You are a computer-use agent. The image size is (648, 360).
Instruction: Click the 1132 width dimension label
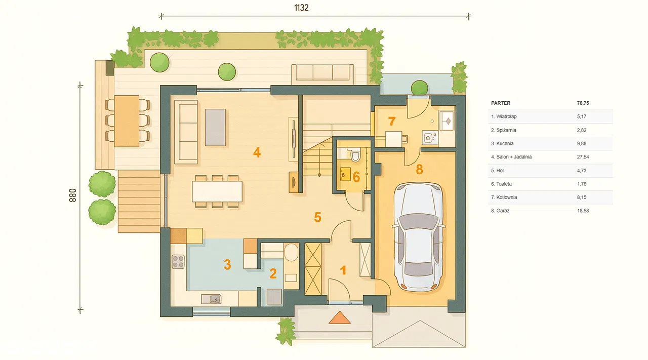pyautogui.click(x=301, y=8)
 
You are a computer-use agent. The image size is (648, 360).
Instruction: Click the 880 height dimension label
pyautogui.click(x=72, y=195)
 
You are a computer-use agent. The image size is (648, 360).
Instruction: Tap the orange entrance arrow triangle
pyautogui.click(x=339, y=318)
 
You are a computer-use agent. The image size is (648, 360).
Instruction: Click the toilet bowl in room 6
pyautogui.click(x=355, y=155)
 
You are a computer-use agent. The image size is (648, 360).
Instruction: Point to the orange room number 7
pyautogui.click(x=392, y=121)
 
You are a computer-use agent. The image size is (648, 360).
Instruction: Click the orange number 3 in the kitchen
pyautogui.click(x=227, y=264)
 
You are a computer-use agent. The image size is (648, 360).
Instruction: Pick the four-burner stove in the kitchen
pyautogui.click(x=178, y=262)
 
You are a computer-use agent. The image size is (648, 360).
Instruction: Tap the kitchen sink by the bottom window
pyautogui.click(x=211, y=299)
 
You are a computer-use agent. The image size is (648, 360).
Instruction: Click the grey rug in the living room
pyautogui.click(x=215, y=127)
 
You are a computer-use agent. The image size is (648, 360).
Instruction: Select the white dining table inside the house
pyautogui.click(x=217, y=191)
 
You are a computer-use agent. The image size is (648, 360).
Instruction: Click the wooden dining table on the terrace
pyautogui.click(x=127, y=121)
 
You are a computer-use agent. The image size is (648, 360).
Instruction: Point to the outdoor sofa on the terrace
pyautogui.click(x=322, y=72)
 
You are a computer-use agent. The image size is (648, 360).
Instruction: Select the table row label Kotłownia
pyautogui.click(x=506, y=197)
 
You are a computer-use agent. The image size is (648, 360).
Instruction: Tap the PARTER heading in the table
pyautogui.click(x=501, y=103)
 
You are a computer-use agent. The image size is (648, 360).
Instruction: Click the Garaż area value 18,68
pyautogui.click(x=583, y=211)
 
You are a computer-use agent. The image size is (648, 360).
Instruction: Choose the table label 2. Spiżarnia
pyautogui.click(x=503, y=130)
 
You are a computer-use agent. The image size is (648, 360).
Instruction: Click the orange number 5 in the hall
pyautogui.click(x=317, y=217)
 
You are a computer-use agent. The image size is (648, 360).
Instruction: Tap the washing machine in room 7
pyautogui.click(x=430, y=138)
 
